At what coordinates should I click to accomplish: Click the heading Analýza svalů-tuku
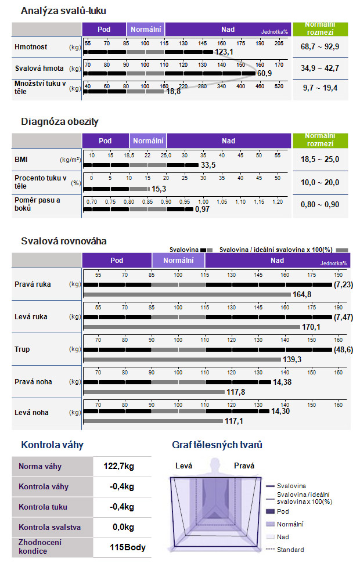[x=63, y=11]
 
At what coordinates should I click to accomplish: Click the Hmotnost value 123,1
[x=224, y=52]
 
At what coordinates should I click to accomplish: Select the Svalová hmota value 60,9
[x=264, y=74]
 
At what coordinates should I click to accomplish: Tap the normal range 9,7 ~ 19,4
[x=320, y=88]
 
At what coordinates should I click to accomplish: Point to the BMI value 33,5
[x=208, y=165]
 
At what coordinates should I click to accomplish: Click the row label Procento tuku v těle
[x=41, y=182]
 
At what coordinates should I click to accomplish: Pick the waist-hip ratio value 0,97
[x=202, y=209]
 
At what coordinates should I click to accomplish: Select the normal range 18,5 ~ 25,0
[x=320, y=159]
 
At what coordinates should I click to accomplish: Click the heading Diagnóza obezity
[x=60, y=121]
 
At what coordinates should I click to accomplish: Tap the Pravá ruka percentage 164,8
[x=302, y=294]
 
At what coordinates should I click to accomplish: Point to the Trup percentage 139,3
[x=292, y=359]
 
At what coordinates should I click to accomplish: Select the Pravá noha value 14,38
[x=282, y=382]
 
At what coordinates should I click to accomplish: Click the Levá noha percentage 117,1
[x=234, y=421]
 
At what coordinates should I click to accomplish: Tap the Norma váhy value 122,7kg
[x=118, y=466]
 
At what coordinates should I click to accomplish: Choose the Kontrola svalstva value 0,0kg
[x=123, y=527]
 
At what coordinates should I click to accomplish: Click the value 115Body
[x=128, y=547]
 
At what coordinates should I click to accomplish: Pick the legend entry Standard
[x=290, y=550]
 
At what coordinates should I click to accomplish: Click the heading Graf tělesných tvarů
[x=217, y=445]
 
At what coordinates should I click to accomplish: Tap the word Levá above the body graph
[x=183, y=466]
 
